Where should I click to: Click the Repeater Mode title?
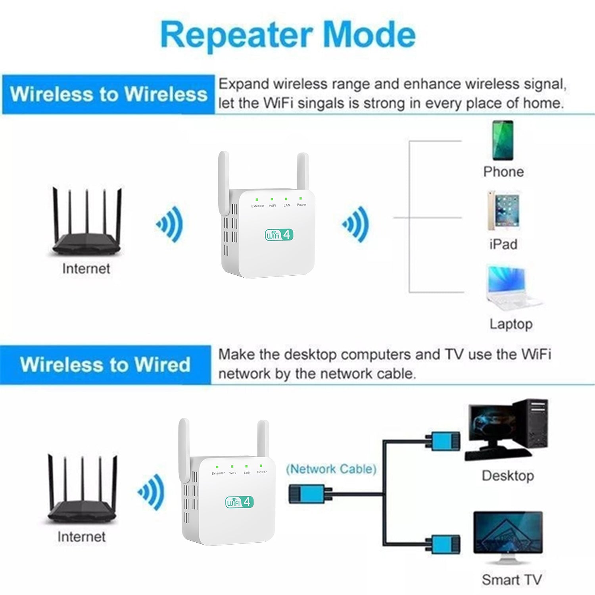click(288, 35)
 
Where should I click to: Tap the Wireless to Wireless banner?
click(108, 94)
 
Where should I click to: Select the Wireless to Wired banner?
click(106, 365)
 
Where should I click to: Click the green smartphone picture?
click(503, 140)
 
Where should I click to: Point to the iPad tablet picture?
click(503, 211)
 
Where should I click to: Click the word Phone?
click(503, 172)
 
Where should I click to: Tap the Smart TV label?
click(512, 580)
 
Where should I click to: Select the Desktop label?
click(508, 476)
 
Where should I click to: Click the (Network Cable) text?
click(331, 469)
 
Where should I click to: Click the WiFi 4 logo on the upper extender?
click(279, 234)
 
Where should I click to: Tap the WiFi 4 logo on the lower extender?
click(239, 502)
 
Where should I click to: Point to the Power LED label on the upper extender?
click(301, 205)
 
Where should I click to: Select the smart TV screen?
click(508, 533)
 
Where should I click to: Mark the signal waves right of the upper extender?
click(356, 224)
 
